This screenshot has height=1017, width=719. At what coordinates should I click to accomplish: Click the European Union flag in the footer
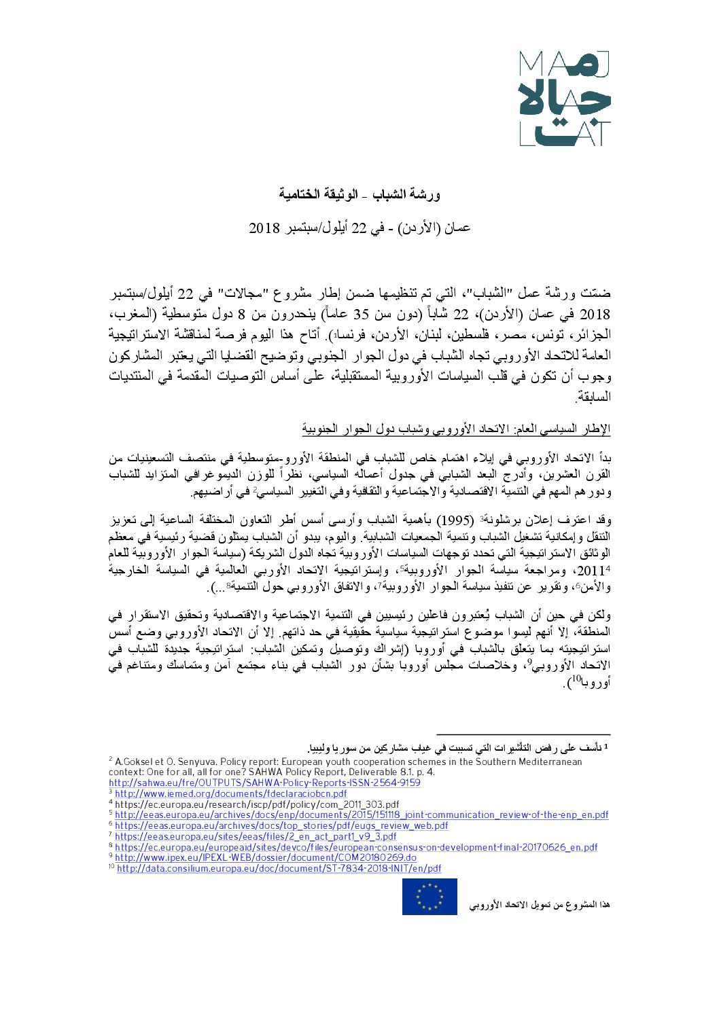(429, 897)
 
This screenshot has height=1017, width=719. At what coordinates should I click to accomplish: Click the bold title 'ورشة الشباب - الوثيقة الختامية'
(359, 195)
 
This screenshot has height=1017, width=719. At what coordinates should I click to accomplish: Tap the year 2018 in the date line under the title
(264, 228)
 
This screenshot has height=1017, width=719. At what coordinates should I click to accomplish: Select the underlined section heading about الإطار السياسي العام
(456, 429)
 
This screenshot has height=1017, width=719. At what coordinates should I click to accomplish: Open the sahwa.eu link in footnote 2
(264, 783)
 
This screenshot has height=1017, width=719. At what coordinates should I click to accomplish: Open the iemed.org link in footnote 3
(230, 793)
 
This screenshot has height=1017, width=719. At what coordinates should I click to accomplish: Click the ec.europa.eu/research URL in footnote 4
(257, 804)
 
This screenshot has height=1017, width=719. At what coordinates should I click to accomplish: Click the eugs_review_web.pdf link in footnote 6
(281, 826)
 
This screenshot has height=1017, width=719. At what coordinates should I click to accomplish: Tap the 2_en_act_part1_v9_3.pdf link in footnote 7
(256, 837)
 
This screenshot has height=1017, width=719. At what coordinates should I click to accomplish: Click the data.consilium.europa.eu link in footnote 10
(279, 869)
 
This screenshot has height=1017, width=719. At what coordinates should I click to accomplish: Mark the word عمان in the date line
(456, 228)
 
